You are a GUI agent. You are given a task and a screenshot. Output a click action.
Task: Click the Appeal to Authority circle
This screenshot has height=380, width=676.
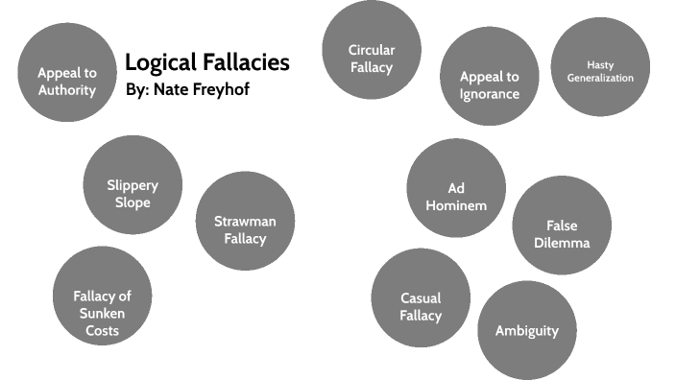pyautogui.click(x=66, y=72)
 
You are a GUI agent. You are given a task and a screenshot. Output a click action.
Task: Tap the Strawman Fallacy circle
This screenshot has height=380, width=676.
pyautogui.click(x=245, y=221)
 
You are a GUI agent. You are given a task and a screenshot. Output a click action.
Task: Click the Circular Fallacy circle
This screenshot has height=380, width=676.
pyautogui.click(x=372, y=50)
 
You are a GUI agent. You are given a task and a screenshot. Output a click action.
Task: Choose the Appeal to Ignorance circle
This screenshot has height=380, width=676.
pyautogui.click(x=489, y=77)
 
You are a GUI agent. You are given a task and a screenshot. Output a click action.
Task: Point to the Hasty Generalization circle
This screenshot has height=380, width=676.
pyautogui.click(x=600, y=66)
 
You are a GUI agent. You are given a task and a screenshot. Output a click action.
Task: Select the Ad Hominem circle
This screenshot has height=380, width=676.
pyautogui.click(x=456, y=188)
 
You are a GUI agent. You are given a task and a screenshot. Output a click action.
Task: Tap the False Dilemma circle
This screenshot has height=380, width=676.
pyautogui.click(x=562, y=226)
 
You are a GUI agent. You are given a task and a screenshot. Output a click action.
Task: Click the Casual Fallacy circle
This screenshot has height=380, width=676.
pyautogui.click(x=421, y=297)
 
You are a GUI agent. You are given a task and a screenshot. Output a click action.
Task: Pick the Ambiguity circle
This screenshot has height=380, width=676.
pyautogui.click(x=526, y=330)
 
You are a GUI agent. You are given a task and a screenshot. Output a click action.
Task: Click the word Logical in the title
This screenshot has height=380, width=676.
pyautogui.click(x=159, y=63)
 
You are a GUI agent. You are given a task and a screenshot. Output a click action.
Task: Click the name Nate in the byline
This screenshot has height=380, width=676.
pyautogui.click(x=168, y=90)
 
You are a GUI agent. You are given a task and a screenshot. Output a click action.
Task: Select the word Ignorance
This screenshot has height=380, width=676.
pyautogui.click(x=489, y=94)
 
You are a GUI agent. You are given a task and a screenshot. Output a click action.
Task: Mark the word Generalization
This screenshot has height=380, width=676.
pyautogui.click(x=600, y=78)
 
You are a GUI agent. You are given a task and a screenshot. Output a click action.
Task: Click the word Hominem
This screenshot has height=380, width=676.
pyautogui.click(x=456, y=205)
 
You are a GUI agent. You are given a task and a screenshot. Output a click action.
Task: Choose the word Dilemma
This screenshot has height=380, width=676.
pyautogui.click(x=562, y=243)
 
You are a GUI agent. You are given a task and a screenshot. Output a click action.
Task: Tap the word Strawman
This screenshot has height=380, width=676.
pyautogui.click(x=245, y=221)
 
